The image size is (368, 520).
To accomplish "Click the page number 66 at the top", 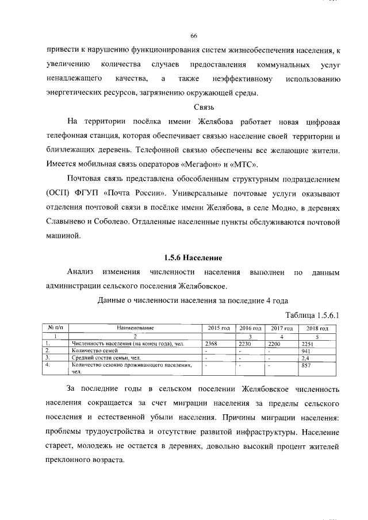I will (x=194, y=35).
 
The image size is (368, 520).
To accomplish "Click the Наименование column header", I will (x=135, y=328).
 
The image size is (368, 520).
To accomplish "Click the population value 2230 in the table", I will (x=245, y=342).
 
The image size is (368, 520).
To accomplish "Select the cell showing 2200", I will (x=275, y=342).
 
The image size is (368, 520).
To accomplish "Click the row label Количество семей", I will (x=95, y=350).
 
